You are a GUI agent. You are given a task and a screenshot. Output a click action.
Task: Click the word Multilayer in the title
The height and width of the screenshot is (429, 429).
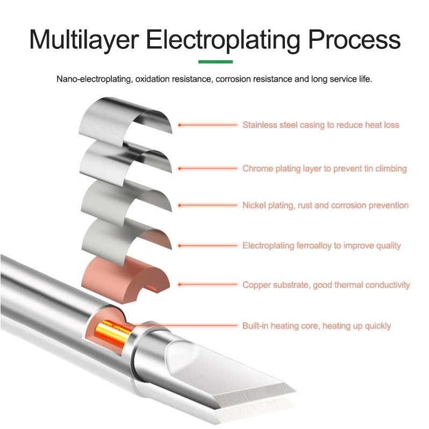click(84, 40)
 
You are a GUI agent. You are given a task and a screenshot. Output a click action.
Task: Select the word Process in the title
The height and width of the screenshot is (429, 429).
click(355, 40)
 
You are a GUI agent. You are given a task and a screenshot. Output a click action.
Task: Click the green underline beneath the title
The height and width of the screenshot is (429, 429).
click(216, 62)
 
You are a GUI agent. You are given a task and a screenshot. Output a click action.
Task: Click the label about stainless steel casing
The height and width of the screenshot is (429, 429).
click(320, 125)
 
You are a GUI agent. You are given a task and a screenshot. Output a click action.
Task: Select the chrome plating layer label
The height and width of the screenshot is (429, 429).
click(325, 169)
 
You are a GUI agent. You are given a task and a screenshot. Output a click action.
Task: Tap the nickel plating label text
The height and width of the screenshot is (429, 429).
click(325, 205)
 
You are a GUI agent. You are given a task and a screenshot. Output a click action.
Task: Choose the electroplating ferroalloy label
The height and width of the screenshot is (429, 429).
click(321, 246)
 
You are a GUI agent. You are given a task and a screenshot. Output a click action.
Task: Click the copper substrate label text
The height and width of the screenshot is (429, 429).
click(326, 285)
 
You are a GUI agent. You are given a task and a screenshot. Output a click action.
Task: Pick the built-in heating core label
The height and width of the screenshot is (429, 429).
click(317, 326)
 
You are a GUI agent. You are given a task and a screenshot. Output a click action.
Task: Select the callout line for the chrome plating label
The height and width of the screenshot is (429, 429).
click(208, 169)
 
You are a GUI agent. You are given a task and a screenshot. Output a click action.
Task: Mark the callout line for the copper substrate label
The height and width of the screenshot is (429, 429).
click(208, 284)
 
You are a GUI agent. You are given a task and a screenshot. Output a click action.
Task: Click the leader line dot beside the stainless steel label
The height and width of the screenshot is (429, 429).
click(180, 125)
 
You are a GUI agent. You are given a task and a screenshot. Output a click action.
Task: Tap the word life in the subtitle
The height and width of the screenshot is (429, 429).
click(366, 80)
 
